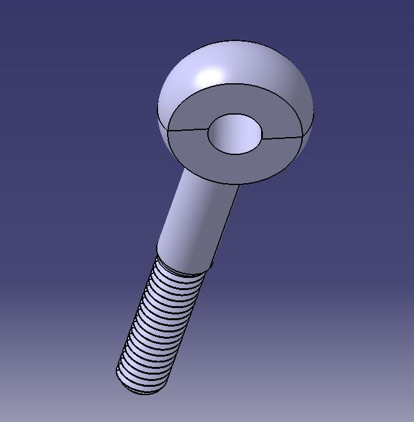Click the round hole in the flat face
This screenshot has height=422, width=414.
pyautogui.click(x=235, y=134)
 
